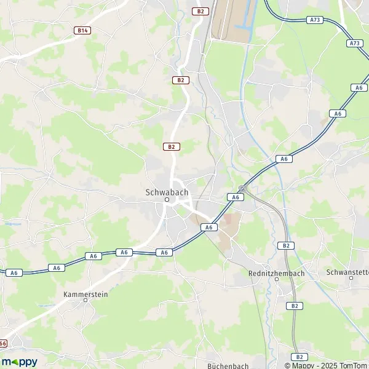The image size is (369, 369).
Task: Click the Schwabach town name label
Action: [x=166, y=191]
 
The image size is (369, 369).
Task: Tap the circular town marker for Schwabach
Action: [x=166, y=200]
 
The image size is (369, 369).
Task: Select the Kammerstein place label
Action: [x=85, y=295]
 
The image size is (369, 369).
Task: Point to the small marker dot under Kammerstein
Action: [x=85, y=302]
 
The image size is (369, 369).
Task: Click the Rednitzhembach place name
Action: [x=276, y=272]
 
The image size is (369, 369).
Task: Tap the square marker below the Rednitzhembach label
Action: [x=276, y=279]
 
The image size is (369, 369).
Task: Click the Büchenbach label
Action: [x=227, y=365]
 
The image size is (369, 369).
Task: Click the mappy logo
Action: [x=20, y=362]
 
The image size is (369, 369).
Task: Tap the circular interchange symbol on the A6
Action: [x=242, y=188]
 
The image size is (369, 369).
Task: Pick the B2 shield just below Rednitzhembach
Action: [x=296, y=306]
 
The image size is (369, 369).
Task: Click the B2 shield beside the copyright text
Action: [x=300, y=357]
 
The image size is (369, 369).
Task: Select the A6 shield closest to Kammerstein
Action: [x=93, y=256]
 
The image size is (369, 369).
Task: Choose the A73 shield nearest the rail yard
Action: [x=314, y=20]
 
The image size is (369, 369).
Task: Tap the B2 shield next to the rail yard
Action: [x=200, y=11]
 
